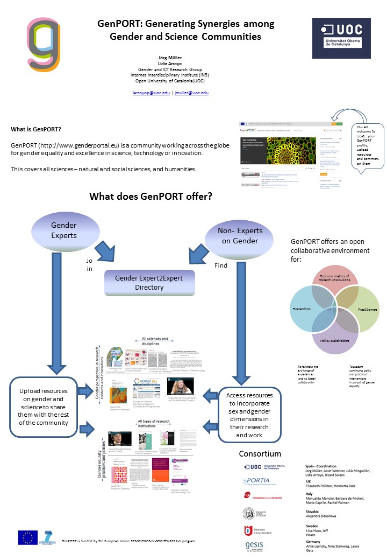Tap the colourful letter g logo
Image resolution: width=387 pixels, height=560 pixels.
[x=45, y=45]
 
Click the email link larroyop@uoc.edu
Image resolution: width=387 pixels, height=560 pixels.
[x=151, y=93]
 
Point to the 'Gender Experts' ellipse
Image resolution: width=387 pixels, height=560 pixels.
[x=63, y=230]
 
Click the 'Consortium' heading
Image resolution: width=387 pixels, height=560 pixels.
[x=260, y=453]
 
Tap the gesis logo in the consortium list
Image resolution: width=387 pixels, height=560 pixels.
[x=254, y=547]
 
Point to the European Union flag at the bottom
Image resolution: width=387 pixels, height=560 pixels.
[x=28, y=537]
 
